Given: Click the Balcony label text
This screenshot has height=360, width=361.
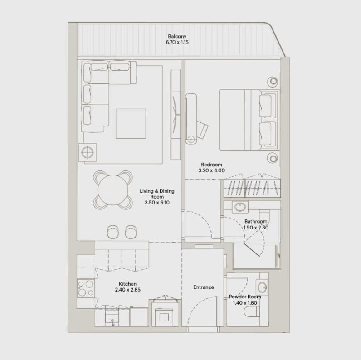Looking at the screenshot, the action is click(177, 36).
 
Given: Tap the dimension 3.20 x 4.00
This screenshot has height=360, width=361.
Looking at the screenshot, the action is click(212, 170).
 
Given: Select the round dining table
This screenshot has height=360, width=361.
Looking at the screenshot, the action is click(113, 190).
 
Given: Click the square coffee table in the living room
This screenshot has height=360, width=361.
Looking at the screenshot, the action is click(131, 124).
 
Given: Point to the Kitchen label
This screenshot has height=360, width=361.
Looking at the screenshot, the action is click(127, 284).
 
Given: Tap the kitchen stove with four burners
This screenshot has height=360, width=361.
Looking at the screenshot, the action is click(86, 288).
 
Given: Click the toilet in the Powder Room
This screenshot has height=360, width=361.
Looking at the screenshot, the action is click(252, 311).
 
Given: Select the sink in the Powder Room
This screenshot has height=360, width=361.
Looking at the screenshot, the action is click(262, 287).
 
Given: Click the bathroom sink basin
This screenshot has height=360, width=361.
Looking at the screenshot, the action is click(240, 207).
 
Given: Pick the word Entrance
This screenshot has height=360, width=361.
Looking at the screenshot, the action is click(204, 287).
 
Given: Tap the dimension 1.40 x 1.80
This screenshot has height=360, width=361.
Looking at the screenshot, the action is click(245, 303).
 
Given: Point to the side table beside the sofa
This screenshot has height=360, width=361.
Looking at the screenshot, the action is click(88, 152).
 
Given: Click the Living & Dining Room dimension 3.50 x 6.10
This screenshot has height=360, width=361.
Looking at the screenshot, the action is click(157, 203).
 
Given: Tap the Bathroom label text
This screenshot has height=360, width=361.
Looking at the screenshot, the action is click(256, 221).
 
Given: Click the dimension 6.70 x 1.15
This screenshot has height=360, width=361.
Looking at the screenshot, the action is click(177, 42).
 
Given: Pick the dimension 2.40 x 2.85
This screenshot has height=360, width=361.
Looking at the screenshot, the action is click(127, 290).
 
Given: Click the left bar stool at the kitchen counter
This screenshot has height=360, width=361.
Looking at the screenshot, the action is click(113, 232).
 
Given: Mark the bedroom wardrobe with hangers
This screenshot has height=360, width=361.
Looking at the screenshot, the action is click(252, 188).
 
